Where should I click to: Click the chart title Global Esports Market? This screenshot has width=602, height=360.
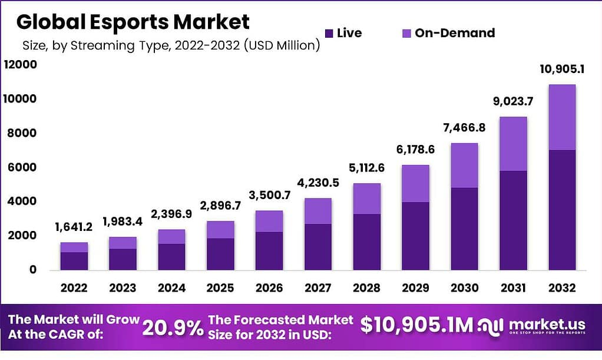tap(133, 22)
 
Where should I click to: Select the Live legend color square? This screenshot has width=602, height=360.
tap(329, 33)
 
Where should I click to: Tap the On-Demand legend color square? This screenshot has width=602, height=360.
tap(406, 33)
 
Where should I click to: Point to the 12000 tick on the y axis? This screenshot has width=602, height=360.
tap(20, 65)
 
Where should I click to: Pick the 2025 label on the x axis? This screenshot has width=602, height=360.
tap(220, 288)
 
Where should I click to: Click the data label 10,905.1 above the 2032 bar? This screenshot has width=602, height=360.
tap(562, 70)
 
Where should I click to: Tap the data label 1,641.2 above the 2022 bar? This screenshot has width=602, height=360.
tap(74, 227)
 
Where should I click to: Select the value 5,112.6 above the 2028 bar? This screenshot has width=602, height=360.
tap(366, 168)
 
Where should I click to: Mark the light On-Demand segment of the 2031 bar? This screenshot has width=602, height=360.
tap(513, 144)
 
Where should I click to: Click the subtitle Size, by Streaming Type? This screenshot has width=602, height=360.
tap(171, 46)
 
